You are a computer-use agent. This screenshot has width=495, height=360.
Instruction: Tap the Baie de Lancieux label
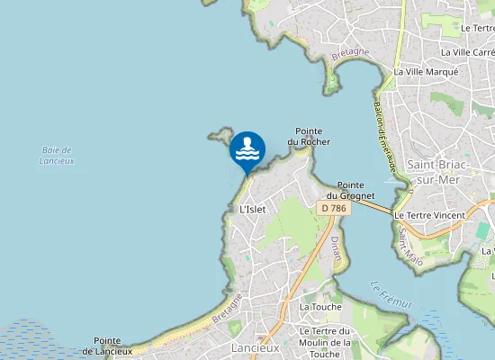coord(57,155)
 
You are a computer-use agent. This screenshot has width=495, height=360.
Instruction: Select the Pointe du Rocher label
coord(309,137)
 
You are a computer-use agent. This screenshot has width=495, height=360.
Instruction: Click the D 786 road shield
coord(332,208)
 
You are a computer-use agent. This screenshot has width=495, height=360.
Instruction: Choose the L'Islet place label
coord(253,209)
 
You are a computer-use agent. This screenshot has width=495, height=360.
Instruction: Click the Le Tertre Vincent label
coord(429,215)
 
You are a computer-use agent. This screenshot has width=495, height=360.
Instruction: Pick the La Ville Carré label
coord(467,52)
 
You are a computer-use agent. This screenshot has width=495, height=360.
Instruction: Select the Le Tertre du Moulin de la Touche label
coord(324,343)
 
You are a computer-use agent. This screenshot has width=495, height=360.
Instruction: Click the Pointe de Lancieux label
coord(107,346)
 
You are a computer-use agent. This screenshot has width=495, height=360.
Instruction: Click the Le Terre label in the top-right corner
coord(477,28)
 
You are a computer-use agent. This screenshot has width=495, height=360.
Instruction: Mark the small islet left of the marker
coord(218,137)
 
